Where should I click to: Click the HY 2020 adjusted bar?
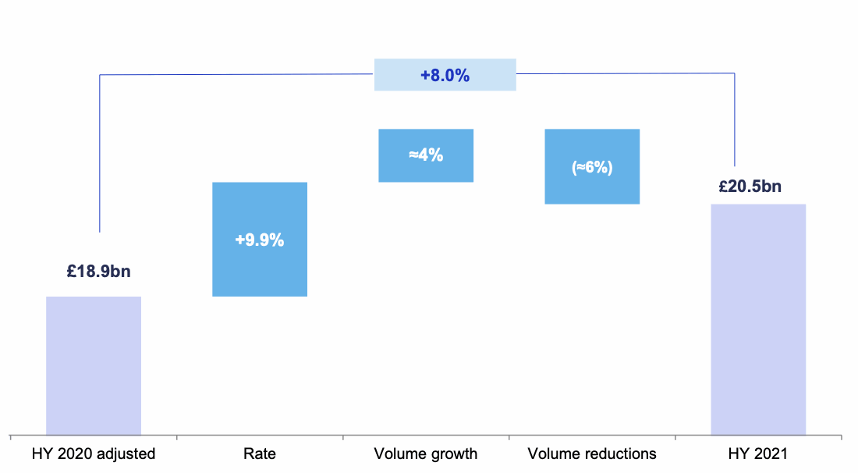(x=94, y=365)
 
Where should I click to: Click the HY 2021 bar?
(x=758, y=319)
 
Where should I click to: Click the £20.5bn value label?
(x=750, y=187)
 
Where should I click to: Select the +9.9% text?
(x=260, y=240)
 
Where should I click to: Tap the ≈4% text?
(x=426, y=155)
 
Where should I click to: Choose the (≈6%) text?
(x=592, y=167)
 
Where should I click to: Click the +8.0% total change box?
(x=445, y=75)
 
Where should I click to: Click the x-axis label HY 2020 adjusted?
(x=94, y=453)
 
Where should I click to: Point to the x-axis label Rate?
(x=260, y=453)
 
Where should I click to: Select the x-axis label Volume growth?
(x=426, y=453)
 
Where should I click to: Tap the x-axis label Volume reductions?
(x=592, y=453)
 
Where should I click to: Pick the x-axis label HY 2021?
(x=758, y=453)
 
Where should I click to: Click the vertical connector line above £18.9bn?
(x=100, y=156)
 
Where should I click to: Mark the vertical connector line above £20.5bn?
(x=735, y=117)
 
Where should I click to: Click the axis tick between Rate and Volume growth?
(x=343, y=438)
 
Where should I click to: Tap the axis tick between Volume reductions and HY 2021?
(x=675, y=438)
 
